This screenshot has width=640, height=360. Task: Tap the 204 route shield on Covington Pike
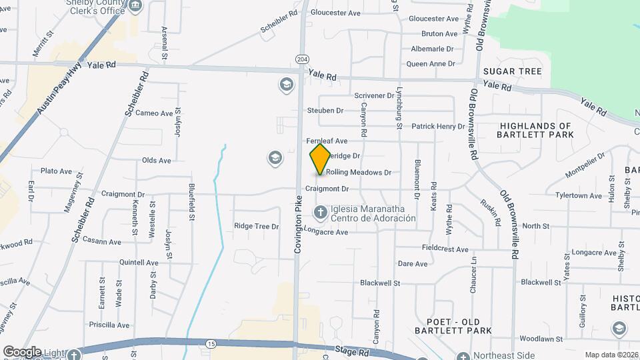coord(303,60)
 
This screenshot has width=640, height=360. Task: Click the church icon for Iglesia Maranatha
coord(320,213)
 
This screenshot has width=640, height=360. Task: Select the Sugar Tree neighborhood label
coord(513,71)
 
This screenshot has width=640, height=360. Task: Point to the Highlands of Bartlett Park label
coord(535,130)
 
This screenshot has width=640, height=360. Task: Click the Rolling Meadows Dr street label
coord(358,173)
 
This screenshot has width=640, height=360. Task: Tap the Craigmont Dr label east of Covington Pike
coord(327,189)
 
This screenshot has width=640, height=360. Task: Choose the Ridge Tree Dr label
coord(256,227)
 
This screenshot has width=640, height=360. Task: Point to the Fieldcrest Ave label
coord(445,248)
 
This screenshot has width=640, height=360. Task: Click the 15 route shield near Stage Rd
coord(211,343)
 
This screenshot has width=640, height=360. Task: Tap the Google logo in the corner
coord(21,352)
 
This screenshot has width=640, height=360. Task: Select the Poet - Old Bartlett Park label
coord(453,325)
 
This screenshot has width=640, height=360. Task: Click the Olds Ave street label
coord(156,161)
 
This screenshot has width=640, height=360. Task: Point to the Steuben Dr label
coord(325,111)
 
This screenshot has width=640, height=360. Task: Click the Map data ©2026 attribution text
coord(611,355)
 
